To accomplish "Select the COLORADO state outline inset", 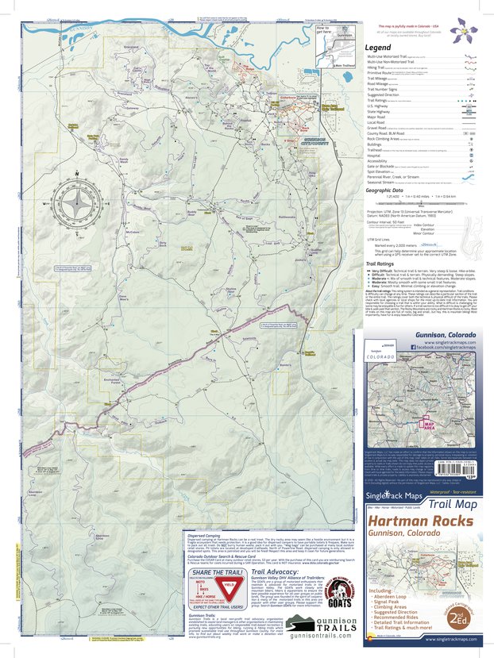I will point(380,368).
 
